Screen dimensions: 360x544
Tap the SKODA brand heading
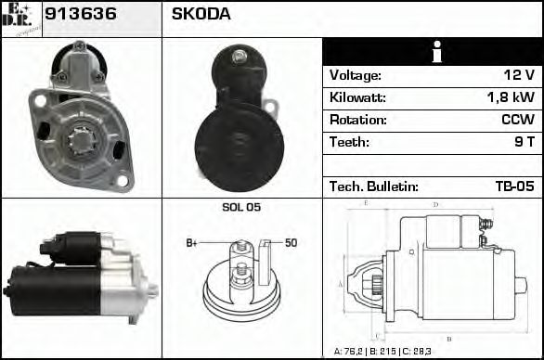coord(201,15)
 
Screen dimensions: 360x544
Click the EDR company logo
coord(20,19)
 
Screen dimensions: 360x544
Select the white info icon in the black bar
coord(432,53)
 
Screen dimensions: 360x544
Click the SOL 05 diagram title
coord(241,207)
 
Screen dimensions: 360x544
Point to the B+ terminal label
coord(192,243)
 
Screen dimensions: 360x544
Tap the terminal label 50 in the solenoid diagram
coord(291,243)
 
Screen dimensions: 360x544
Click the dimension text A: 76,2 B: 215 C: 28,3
coord(383,352)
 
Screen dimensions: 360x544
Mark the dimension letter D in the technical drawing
coord(435,204)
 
